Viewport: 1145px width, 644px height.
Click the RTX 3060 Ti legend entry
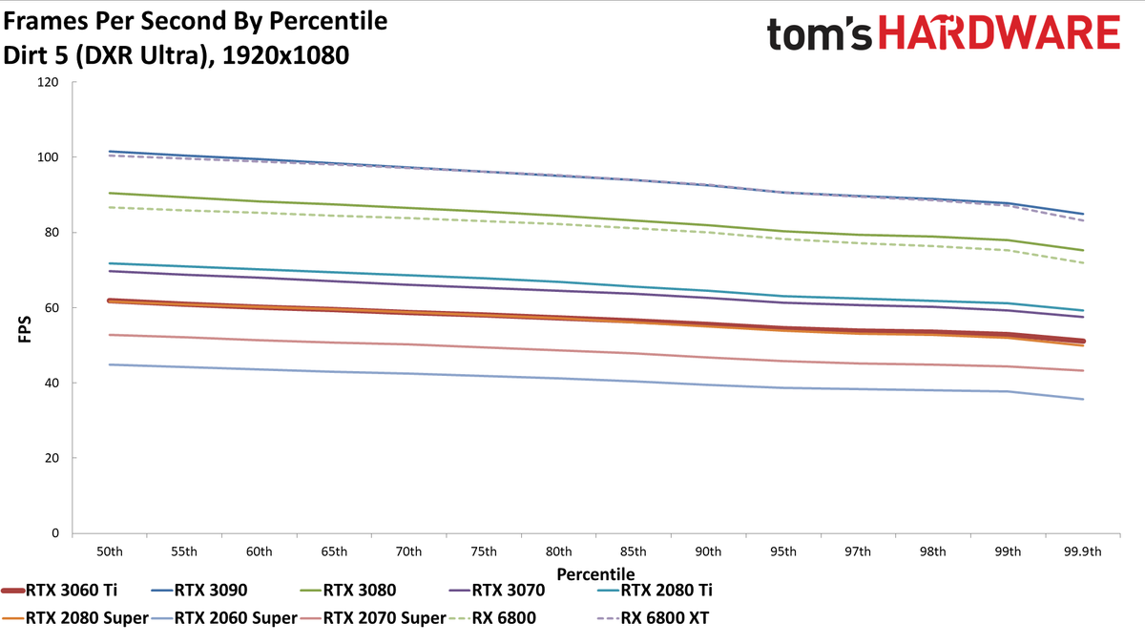[x=59, y=591]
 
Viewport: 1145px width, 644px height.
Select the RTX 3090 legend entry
[x=199, y=591]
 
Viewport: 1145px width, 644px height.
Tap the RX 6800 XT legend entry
[x=654, y=618]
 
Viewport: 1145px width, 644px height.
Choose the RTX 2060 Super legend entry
[x=224, y=618]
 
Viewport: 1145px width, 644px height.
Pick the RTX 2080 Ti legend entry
[x=655, y=591]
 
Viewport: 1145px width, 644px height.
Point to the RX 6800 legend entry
[x=492, y=618]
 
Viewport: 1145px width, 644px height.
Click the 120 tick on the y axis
[x=48, y=82]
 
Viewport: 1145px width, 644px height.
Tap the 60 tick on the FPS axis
[x=52, y=307]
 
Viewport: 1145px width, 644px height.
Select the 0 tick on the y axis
[x=55, y=533]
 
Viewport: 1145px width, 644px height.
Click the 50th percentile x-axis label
[x=110, y=552]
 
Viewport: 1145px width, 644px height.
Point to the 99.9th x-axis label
[x=1083, y=552]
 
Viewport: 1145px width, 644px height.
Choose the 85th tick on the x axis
[x=634, y=552]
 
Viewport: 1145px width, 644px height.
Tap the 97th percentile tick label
[x=858, y=552]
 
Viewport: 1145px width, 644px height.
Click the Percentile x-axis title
[x=595, y=574]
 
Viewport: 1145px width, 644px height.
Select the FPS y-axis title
[x=25, y=329]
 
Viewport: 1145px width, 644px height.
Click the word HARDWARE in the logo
[x=999, y=32]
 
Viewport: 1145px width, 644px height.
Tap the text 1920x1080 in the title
[x=285, y=55]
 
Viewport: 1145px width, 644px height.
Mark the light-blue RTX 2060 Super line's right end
[x=1083, y=399]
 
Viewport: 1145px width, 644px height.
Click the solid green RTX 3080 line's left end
[x=110, y=193]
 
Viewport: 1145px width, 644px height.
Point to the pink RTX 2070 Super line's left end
[x=110, y=335]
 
